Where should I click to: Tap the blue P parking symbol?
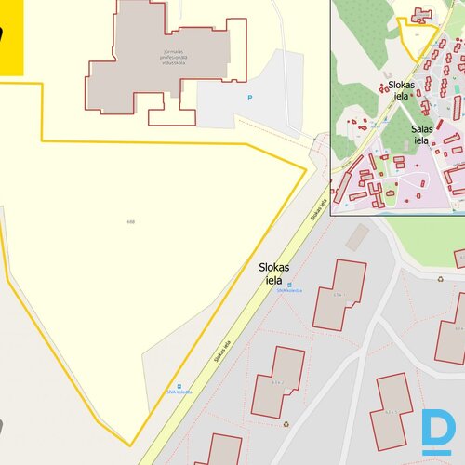point(248,98)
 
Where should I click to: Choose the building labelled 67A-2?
point(278,380)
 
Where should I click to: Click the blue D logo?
point(435,432)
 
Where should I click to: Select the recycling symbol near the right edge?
point(441,276)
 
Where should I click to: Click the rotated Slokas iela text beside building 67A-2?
point(219,347)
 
